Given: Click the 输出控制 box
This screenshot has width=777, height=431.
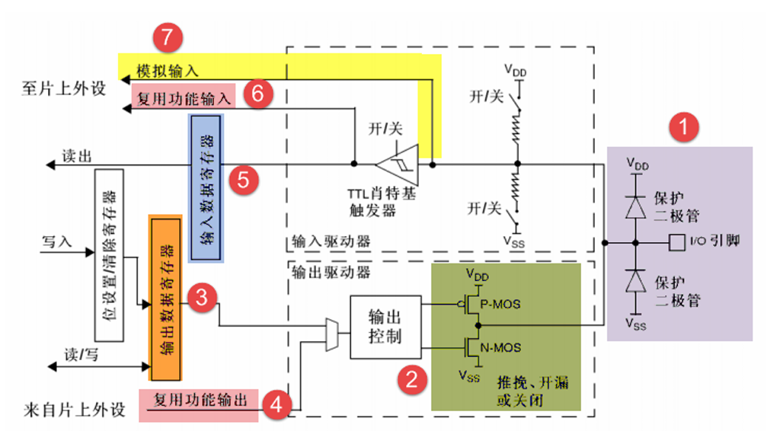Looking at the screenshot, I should [385, 327].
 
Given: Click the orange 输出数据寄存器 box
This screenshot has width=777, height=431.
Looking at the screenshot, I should [166, 299].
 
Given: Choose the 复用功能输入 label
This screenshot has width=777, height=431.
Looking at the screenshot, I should [183, 97].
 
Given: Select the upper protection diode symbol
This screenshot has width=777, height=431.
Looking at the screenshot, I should [633, 205].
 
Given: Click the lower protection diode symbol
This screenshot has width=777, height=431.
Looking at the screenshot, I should [633, 282].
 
